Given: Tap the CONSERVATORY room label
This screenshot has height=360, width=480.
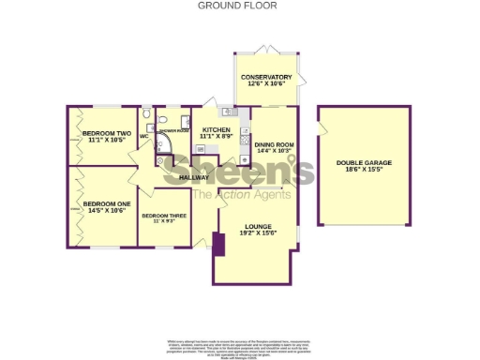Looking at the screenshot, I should click(266, 77).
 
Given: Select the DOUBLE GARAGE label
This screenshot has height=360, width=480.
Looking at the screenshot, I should click(364, 163).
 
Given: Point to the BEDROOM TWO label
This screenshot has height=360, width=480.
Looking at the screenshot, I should click(107, 134).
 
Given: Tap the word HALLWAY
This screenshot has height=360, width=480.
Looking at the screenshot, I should click(194, 177).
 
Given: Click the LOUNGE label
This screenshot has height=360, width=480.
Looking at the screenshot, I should click(257, 227).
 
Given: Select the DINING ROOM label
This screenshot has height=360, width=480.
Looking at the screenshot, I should click(274, 144).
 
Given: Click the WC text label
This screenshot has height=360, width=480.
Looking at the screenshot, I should click(144, 137).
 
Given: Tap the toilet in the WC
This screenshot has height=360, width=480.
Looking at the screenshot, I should click(147, 117).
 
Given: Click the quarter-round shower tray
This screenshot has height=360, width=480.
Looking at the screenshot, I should click(166, 143).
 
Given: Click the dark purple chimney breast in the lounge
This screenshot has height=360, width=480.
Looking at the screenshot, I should click(218, 245).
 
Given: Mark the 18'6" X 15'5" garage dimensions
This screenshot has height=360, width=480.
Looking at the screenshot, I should click(364, 171).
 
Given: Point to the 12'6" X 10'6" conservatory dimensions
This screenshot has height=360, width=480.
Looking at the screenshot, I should click(266, 84).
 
